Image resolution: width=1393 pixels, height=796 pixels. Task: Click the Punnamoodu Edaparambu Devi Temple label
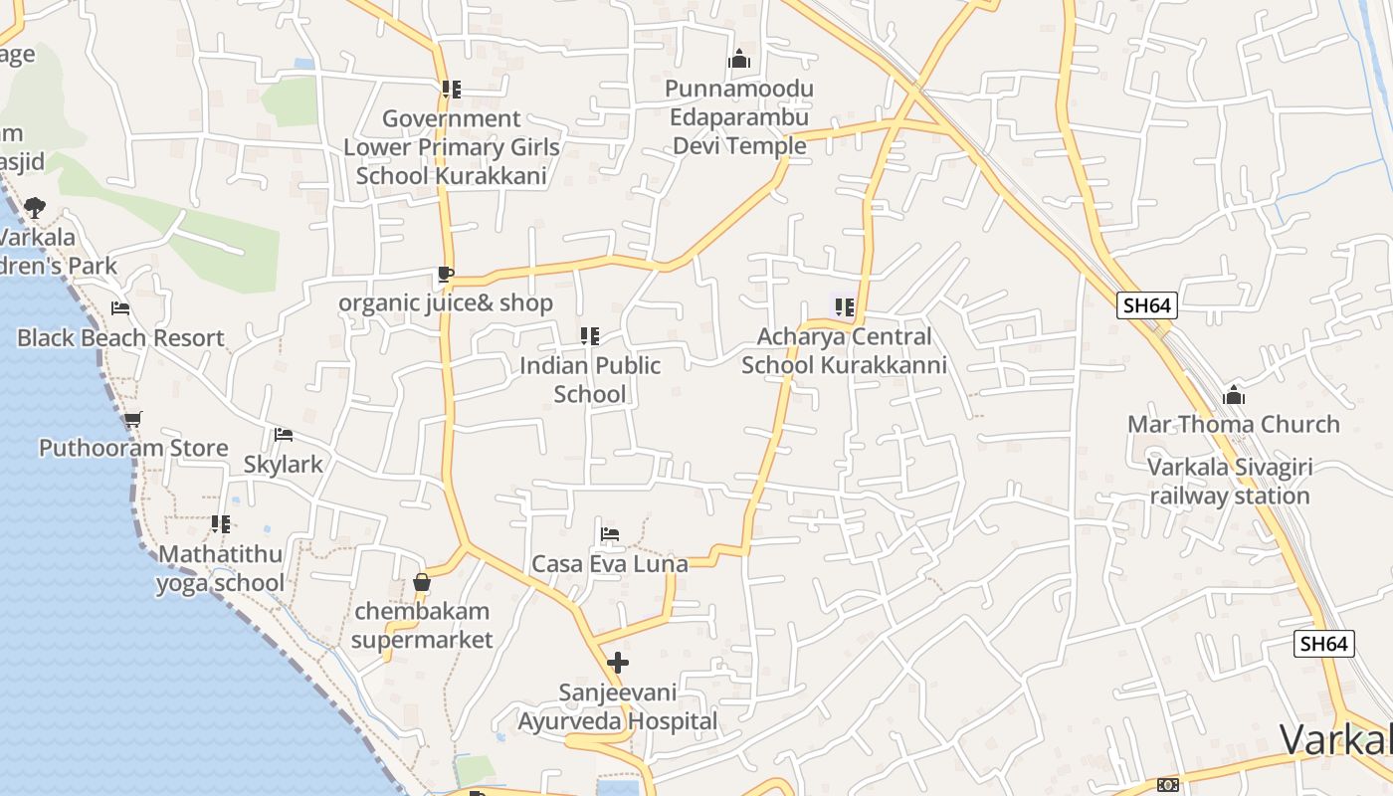click(x=739, y=117)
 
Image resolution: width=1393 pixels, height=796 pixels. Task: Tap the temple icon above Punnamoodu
click(x=738, y=60)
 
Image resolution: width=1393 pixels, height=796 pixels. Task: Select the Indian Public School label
click(x=590, y=379)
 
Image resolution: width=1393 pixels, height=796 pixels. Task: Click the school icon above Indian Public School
click(x=590, y=336)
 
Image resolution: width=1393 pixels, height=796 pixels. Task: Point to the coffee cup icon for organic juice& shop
click(x=445, y=274)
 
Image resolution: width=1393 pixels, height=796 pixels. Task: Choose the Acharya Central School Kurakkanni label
click(x=844, y=350)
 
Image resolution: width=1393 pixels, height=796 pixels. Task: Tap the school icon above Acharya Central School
click(x=844, y=306)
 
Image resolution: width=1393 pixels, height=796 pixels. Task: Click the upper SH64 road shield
click(x=1146, y=305)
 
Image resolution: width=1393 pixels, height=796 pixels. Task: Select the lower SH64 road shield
click(x=1324, y=644)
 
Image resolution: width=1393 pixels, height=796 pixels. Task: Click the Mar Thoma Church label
click(x=1233, y=424)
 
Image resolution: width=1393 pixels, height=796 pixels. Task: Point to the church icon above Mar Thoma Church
click(x=1234, y=395)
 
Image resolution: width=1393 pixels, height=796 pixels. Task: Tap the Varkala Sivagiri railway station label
click(x=1230, y=481)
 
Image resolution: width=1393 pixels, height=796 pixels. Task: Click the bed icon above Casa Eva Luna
click(x=610, y=534)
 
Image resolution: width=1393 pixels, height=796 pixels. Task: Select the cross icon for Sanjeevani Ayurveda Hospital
click(x=618, y=662)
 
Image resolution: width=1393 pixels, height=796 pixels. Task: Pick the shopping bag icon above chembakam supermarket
click(x=422, y=582)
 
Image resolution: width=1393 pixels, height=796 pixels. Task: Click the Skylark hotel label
click(x=284, y=464)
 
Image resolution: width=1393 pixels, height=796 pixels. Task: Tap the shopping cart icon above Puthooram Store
click(x=132, y=419)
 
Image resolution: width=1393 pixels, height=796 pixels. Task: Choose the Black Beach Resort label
click(x=120, y=337)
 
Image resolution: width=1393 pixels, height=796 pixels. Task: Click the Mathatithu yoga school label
click(x=220, y=568)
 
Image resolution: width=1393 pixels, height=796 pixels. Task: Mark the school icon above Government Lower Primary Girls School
click(x=452, y=90)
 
